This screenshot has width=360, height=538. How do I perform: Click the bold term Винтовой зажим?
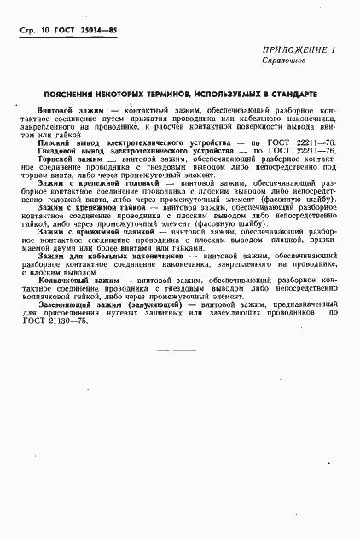point(73,112)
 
